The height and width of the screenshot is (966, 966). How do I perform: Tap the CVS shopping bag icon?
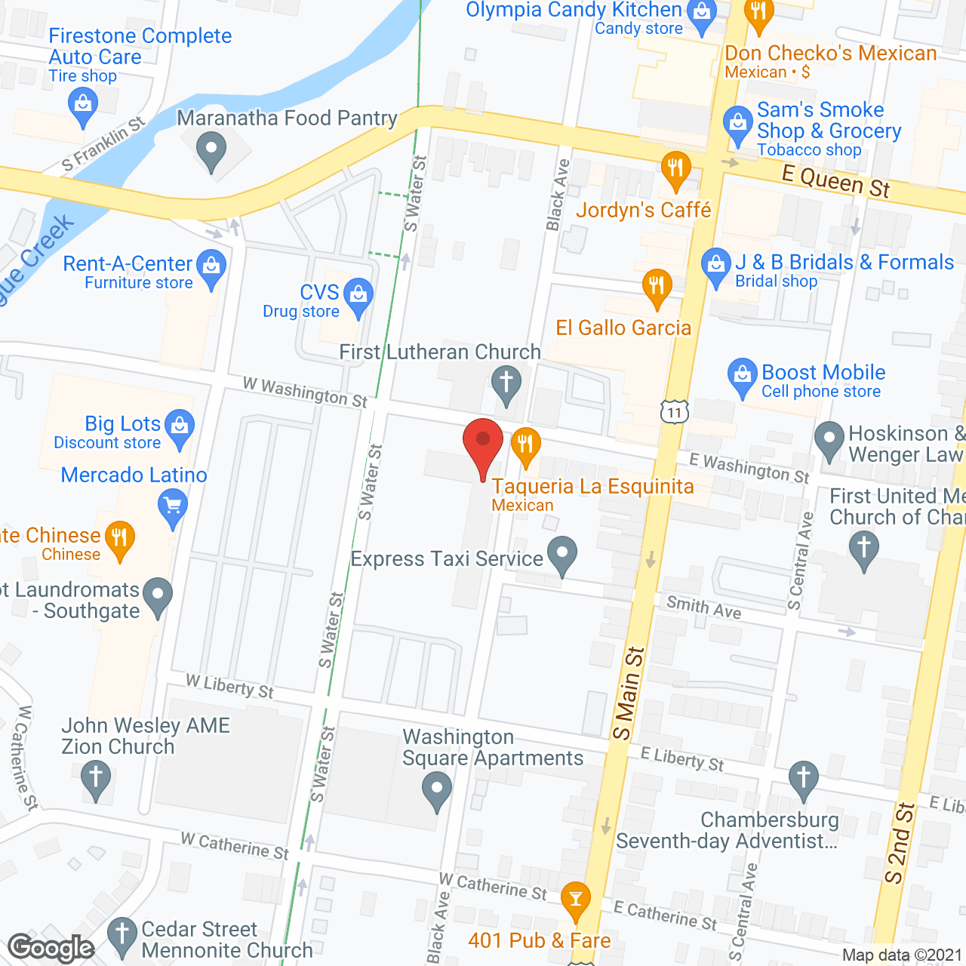(358, 295)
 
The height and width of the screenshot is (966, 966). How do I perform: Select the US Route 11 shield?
(675, 411)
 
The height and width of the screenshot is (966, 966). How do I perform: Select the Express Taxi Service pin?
(561, 554)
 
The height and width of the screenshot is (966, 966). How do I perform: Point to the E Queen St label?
(835, 182)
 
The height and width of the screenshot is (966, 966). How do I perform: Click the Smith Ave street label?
(703, 607)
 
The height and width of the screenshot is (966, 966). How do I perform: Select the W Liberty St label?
(230, 687)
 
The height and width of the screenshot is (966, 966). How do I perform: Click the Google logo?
(51, 948)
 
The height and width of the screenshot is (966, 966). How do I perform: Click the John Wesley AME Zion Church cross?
(96, 778)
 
